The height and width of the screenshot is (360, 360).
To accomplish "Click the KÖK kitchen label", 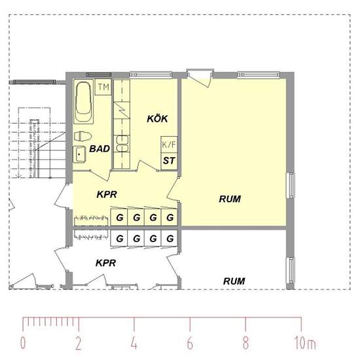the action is (157, 118).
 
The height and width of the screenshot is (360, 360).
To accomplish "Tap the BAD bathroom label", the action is (99, 149).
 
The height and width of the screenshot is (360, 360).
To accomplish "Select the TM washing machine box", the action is (103, 87).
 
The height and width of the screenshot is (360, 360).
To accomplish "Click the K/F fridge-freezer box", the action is (169, 145).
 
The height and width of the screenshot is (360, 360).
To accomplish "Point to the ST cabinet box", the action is (169, 161).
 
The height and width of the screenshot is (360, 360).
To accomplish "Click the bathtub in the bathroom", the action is (84, 101).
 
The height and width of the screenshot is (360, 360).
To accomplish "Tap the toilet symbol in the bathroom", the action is (83, 136).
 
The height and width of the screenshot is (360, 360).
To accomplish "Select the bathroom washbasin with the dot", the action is (79, 154).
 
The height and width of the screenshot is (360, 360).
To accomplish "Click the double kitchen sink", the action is (122, 144).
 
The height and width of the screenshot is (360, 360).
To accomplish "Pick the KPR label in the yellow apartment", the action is (107, 194).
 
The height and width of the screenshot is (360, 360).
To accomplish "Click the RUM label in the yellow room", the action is (230, 199).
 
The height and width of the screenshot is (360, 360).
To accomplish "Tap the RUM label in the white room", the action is (234, 281).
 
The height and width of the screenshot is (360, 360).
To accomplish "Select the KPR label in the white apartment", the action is (106, 263).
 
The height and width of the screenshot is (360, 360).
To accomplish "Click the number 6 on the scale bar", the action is (190, 343).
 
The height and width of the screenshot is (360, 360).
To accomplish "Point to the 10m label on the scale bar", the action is (305, 343).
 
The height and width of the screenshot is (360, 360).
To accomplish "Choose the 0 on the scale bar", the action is (23, 343).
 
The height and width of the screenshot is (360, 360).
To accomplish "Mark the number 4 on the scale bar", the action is (134, 343).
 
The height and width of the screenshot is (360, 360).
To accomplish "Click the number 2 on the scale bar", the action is (79, 343).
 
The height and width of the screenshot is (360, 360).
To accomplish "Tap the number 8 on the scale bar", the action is (245, 343).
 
